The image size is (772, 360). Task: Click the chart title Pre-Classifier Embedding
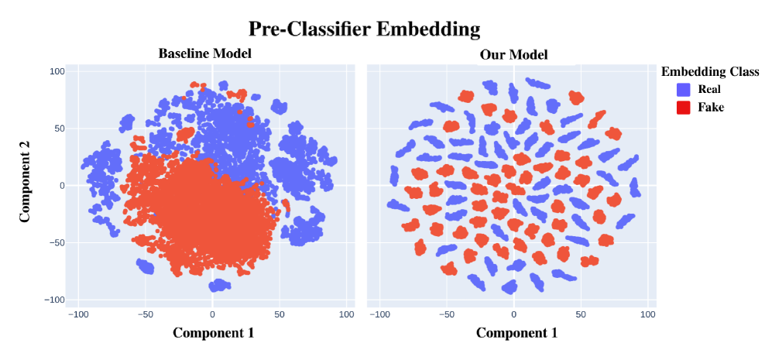pos(364,29)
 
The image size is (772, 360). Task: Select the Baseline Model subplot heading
pos(204,54)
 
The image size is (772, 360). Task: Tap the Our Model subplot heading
pos(513,55)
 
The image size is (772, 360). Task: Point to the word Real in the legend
pos(709,90)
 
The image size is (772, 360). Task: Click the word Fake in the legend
pos(710,107)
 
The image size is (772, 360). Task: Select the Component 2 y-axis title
pos(26,185)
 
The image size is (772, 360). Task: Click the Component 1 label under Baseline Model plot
pos(213,333)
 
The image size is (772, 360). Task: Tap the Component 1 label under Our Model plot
pos(516,333)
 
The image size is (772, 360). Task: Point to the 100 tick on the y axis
pos(57,71)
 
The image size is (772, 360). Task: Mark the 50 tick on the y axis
pos(60,129)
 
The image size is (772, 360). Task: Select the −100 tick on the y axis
pos(55,300)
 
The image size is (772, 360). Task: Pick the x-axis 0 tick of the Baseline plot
pos(212,314)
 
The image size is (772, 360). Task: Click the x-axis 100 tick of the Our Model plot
pos(648,314)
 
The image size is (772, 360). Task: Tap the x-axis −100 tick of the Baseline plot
pos(77,314)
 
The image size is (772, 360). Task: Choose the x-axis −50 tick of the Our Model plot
pos(446,314)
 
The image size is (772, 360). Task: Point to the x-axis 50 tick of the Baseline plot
pos(280,314)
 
